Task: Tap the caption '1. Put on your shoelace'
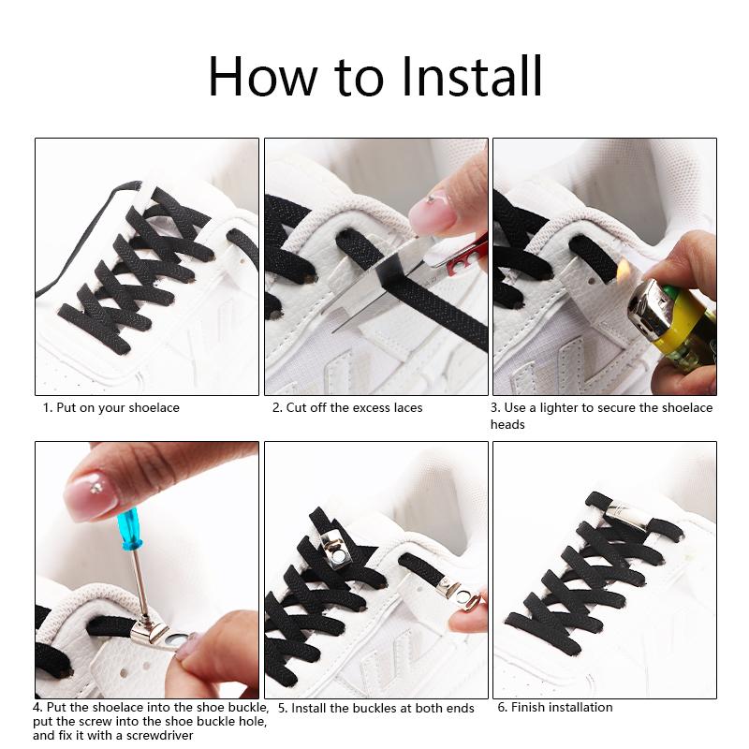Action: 111,408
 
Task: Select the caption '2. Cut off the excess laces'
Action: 347,408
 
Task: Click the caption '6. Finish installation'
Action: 554,707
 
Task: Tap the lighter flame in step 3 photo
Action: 622,270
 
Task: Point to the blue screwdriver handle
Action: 128,529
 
